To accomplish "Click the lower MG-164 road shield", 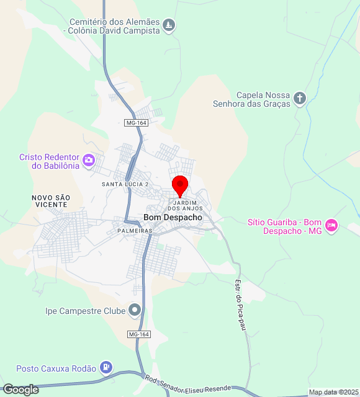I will [139, 334].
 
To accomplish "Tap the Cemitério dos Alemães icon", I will [169, 25].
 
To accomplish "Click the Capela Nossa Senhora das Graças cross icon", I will [300, 98].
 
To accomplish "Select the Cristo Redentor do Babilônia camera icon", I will [89, 161].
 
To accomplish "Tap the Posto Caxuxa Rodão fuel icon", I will [107, 368].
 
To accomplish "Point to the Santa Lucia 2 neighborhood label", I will [125, 185].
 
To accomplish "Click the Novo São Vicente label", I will [51, 201].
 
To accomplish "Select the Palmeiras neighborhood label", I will [135, 231].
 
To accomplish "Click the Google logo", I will [20, 390].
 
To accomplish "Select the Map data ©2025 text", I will [334, 392].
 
